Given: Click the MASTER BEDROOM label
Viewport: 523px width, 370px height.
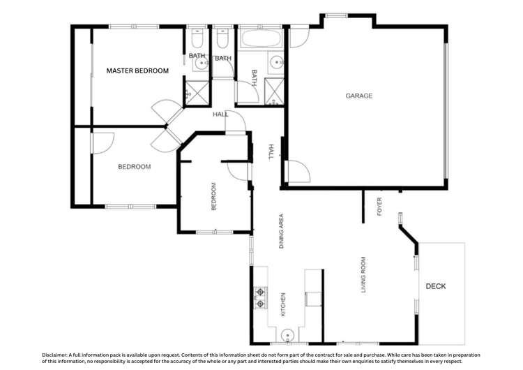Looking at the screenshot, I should click(x=137, y=71).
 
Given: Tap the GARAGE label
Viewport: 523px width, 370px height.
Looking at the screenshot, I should click(x=359, y=96).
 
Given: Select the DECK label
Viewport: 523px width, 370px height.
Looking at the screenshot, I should click(x=435, y=286).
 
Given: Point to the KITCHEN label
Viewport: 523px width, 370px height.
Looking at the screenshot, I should click(x=282, y=304).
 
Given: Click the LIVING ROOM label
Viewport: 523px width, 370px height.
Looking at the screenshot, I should click(x=363, y=275).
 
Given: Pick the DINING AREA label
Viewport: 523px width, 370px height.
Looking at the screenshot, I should click(x=282, y=231).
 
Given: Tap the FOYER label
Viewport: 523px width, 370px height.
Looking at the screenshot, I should click(x=379, y=206).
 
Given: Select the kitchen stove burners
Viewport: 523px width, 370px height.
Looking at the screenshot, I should click(x=261, y=298).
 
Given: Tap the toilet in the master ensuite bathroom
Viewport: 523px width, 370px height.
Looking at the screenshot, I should click(x=196, y=35).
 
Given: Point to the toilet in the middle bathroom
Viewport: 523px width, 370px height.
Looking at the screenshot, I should click(x=222, y=35).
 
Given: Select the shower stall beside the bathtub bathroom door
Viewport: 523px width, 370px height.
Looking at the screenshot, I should click(x=273, y=91).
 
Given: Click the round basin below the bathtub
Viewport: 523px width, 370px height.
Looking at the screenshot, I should click(x=276, y=63).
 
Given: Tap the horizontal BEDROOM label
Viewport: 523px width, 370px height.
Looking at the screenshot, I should click(x=134, y=166).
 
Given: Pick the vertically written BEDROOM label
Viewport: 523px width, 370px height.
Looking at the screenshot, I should click(x=214, y=197).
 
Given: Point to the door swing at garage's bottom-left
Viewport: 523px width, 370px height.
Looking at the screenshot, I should click(x=296, y=172).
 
